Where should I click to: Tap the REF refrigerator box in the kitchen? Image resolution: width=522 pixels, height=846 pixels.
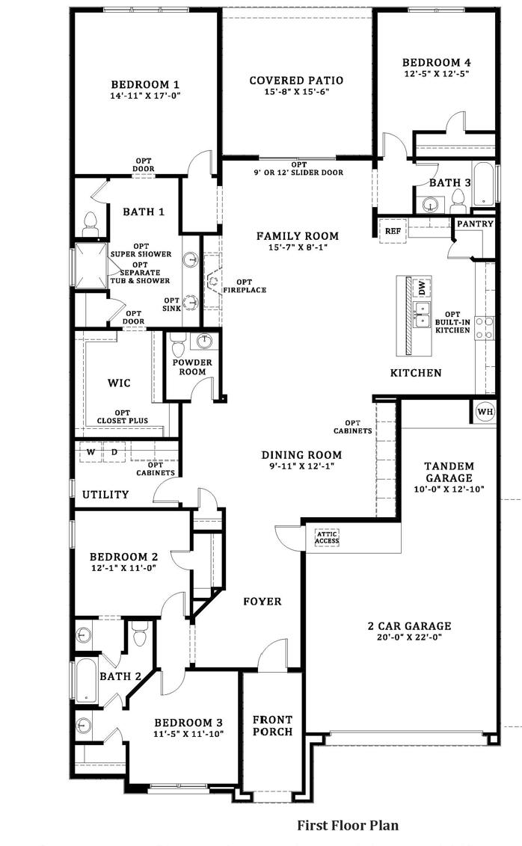[393, 231]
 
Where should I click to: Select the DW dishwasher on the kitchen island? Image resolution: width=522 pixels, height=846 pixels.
[422, 288]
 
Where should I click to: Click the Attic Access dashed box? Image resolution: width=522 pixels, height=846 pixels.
[327, 537]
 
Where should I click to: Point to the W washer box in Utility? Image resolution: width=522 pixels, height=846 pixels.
[90, 452]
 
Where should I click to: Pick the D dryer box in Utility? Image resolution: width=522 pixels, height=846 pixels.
[114, 452]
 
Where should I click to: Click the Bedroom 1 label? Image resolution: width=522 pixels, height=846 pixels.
[144, 84]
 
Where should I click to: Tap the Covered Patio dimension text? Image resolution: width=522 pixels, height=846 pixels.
[296, 92]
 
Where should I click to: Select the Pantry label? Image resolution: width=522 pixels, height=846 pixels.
[475, 223]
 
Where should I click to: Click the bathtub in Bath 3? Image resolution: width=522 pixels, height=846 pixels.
[483, 183]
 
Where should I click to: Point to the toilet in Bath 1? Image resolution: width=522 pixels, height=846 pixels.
[90, 225]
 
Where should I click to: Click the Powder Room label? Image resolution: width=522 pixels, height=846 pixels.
[192, 367]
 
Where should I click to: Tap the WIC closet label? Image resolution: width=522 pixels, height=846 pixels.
[119, 383]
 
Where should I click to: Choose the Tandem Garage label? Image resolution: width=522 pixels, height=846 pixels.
[449, 472]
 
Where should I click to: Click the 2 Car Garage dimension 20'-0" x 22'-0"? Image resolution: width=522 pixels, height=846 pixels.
[409, 637]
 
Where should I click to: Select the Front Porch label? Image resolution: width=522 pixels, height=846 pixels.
[273, 726]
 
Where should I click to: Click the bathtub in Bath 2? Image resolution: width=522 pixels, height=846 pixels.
[86, 680]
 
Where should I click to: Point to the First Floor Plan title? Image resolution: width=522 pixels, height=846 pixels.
[348, 826]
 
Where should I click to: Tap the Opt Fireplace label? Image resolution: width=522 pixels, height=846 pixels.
[245, 286]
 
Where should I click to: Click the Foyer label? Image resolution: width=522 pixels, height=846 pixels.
[262, 601]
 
